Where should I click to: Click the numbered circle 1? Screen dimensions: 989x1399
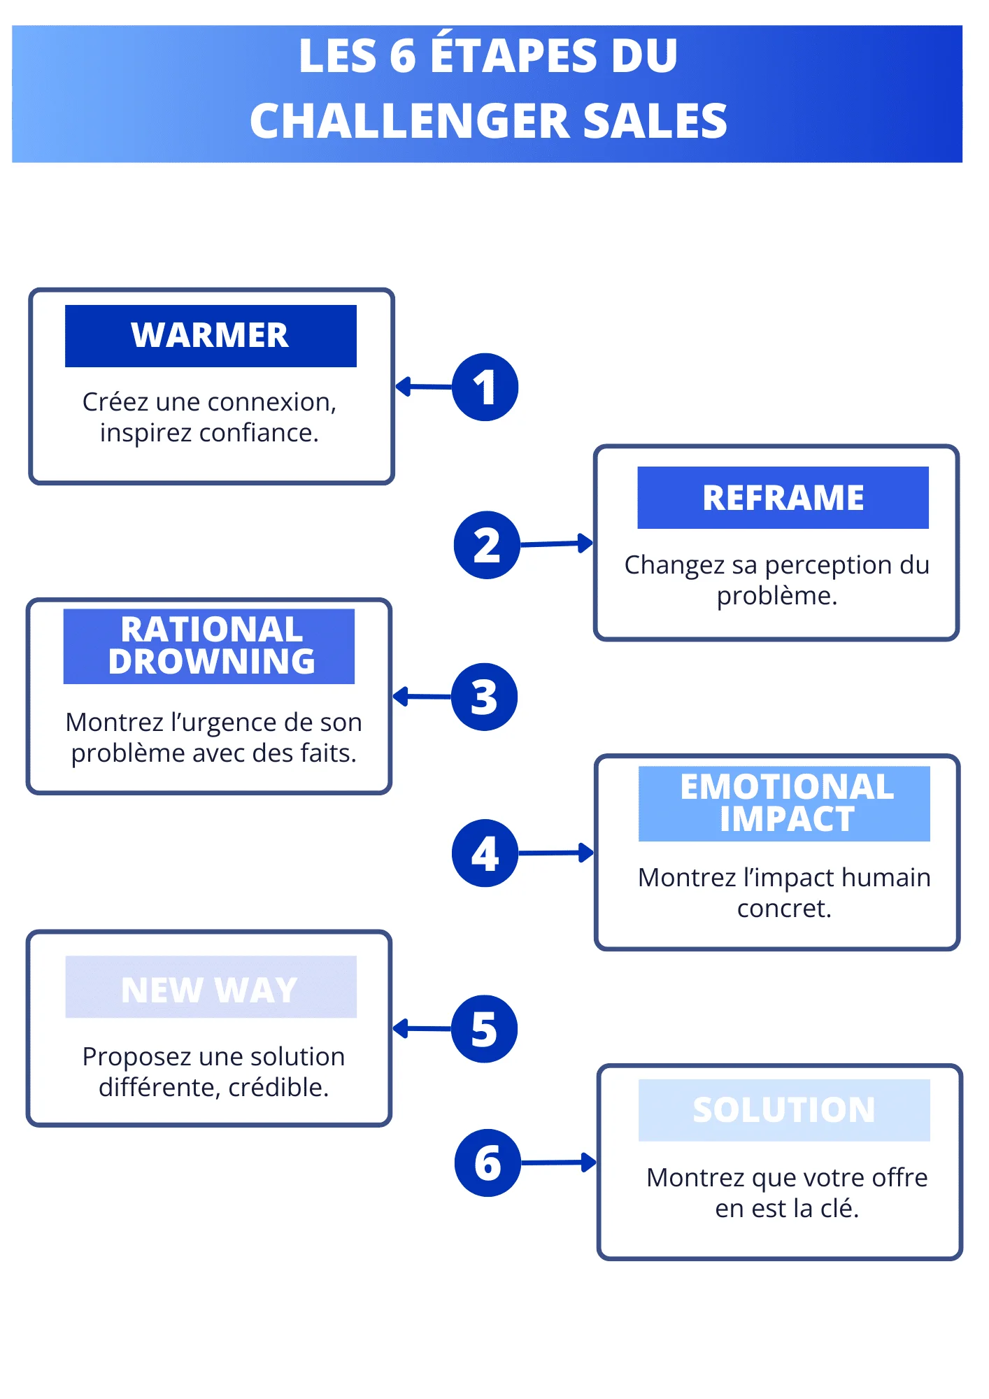(x=485, y=387)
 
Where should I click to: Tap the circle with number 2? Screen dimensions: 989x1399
(x=487, y=545)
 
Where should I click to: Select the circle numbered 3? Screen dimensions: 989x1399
(x=484, y=697)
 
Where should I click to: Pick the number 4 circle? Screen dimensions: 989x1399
(x=485, y=853)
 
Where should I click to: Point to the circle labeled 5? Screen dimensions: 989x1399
(x=484, y=1029)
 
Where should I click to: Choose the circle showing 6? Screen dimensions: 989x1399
(x=488, y=1163)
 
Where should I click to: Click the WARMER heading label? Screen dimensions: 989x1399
(x=211, y=336)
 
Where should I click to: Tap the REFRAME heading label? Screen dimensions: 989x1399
(x=783, y=497)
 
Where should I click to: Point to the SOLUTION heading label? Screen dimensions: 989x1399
(x=784, y=1110)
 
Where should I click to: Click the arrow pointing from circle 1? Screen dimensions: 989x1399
(x=424, y=386)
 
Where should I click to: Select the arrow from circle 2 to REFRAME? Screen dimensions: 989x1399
(x=557, y=544)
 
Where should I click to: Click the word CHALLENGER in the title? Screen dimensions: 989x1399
(x=410, y=121)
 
